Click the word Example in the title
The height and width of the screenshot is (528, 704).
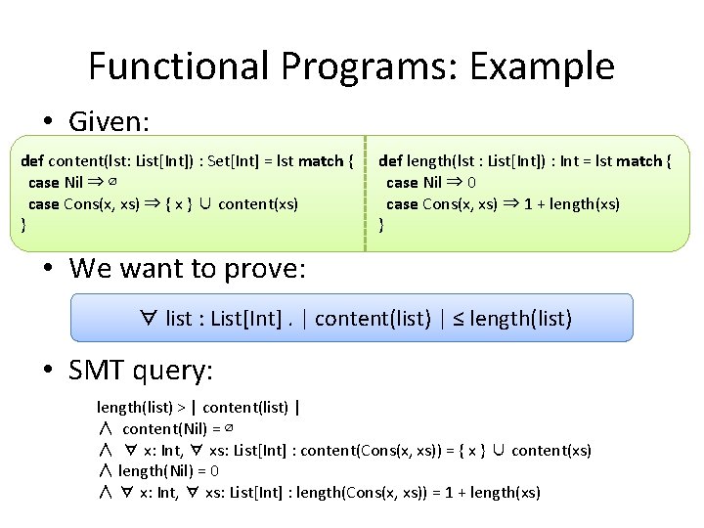pos(542,66)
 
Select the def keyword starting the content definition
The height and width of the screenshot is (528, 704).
pos(32,160)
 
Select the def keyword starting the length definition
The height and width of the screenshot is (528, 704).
pos(390,160)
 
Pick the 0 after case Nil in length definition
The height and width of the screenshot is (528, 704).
pos(471,182)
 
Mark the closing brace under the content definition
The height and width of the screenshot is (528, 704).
pos(23,225)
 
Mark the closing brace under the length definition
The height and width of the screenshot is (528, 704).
pos(381,225)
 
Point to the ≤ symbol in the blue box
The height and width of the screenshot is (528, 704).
pos(459,319)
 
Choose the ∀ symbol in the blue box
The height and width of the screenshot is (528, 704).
pos(150,319)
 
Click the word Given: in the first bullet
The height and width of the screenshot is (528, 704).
pos(109,122)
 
